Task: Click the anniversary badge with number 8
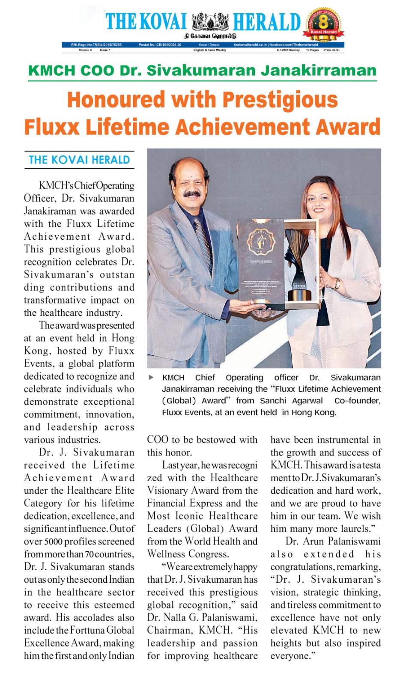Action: coord(324,24)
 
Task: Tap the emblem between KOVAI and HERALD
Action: coord(210,21)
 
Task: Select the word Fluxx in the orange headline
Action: coord(52,127)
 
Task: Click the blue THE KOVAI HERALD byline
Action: coord(79,160)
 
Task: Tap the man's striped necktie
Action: coord(201,235)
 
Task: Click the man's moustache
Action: coord(192,194)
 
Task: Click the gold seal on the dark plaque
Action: coord(260,242)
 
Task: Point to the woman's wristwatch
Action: coord(338,283)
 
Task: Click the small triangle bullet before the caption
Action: coord(151,378)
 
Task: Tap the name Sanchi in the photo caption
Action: coord(273,401)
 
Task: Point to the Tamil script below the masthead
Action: coord(210,36)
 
